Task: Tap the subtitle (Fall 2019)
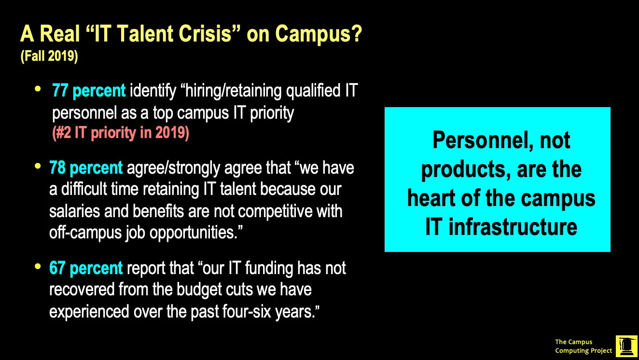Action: tap(49, 56)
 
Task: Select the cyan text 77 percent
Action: tap(89, 91)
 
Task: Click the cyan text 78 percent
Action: tap(86, 168)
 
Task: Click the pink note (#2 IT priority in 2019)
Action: tap(120, 133)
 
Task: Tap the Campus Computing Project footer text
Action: tap(583, 346)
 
